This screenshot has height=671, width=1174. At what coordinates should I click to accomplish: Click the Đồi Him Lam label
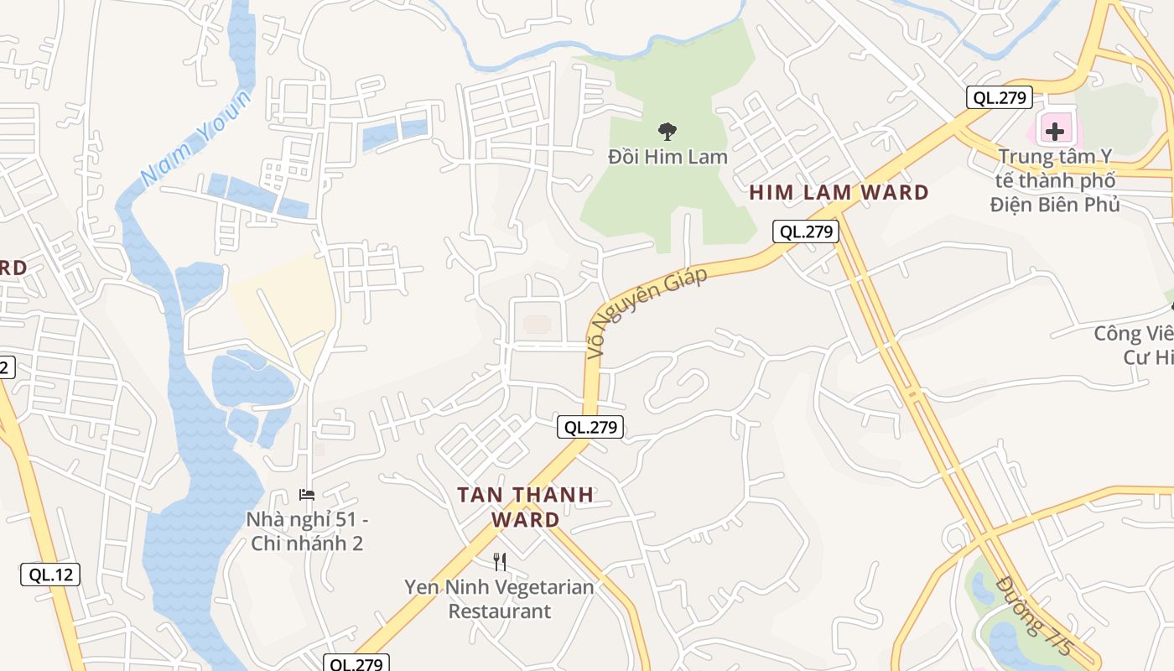[x=668, y=157]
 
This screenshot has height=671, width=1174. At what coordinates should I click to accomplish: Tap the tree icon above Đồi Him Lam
[x=668, y=131]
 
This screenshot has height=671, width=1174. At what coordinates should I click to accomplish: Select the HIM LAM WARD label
[x=839, y=192]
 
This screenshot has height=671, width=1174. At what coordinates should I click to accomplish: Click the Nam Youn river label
[x=196, y=138]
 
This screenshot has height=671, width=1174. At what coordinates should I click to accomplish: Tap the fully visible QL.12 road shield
[x=50, y=575]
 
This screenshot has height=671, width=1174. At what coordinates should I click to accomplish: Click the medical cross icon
[x=1055, y=131]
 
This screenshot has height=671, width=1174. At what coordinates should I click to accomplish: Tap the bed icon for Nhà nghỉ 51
[x=307, y=495]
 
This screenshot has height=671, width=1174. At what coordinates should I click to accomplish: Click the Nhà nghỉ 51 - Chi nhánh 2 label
[x=307, y=531]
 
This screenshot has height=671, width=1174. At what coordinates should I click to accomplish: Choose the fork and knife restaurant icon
[x=500, y=561]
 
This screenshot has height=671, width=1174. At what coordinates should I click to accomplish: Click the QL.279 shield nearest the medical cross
[x=998, y=97]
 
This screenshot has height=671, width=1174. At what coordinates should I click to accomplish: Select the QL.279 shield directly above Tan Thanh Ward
[x=590, y=427]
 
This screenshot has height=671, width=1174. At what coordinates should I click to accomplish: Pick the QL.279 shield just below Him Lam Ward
[x=806, y=231]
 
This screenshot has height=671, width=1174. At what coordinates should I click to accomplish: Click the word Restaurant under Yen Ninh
[x=500, y=611]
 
